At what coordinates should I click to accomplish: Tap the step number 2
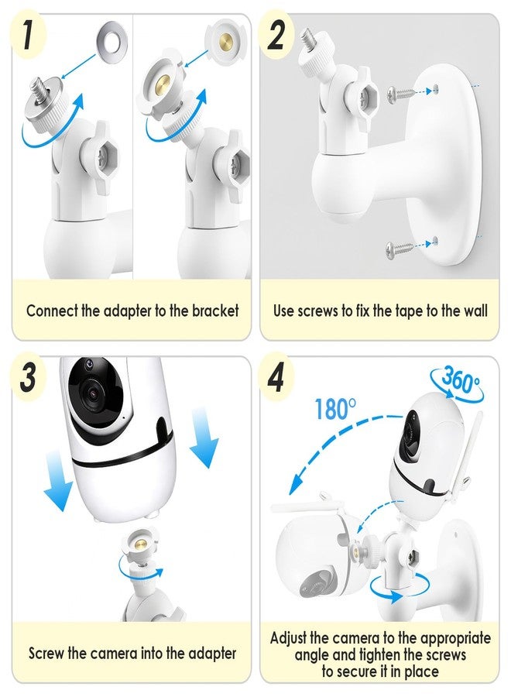(x=276, y=35)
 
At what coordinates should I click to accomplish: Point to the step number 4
(x=276, y=378)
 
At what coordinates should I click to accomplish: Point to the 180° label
(x=335, y=409)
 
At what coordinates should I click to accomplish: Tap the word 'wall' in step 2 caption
(x=475, y=311)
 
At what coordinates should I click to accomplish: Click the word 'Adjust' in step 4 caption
(x=288, y=638)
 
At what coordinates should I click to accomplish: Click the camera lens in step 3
(x=93, y=393)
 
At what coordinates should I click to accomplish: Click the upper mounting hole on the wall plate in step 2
(x=435, y=89)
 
